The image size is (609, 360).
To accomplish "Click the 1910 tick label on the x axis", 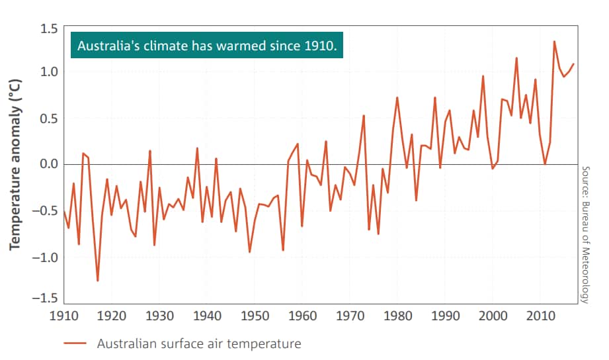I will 64,315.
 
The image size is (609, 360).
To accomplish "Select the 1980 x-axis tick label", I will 397,315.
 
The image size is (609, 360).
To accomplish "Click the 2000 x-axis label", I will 493,315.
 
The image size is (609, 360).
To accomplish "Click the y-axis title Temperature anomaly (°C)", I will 15,164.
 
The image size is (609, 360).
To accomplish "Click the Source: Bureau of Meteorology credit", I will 585,235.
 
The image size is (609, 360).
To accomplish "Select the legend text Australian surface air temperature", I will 199,343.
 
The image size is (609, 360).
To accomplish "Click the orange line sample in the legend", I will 76,344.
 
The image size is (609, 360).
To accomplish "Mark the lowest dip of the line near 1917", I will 98,281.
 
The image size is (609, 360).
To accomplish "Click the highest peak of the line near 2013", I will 554,42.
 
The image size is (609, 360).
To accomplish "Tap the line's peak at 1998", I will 483,76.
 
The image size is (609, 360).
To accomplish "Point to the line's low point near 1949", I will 249,252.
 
